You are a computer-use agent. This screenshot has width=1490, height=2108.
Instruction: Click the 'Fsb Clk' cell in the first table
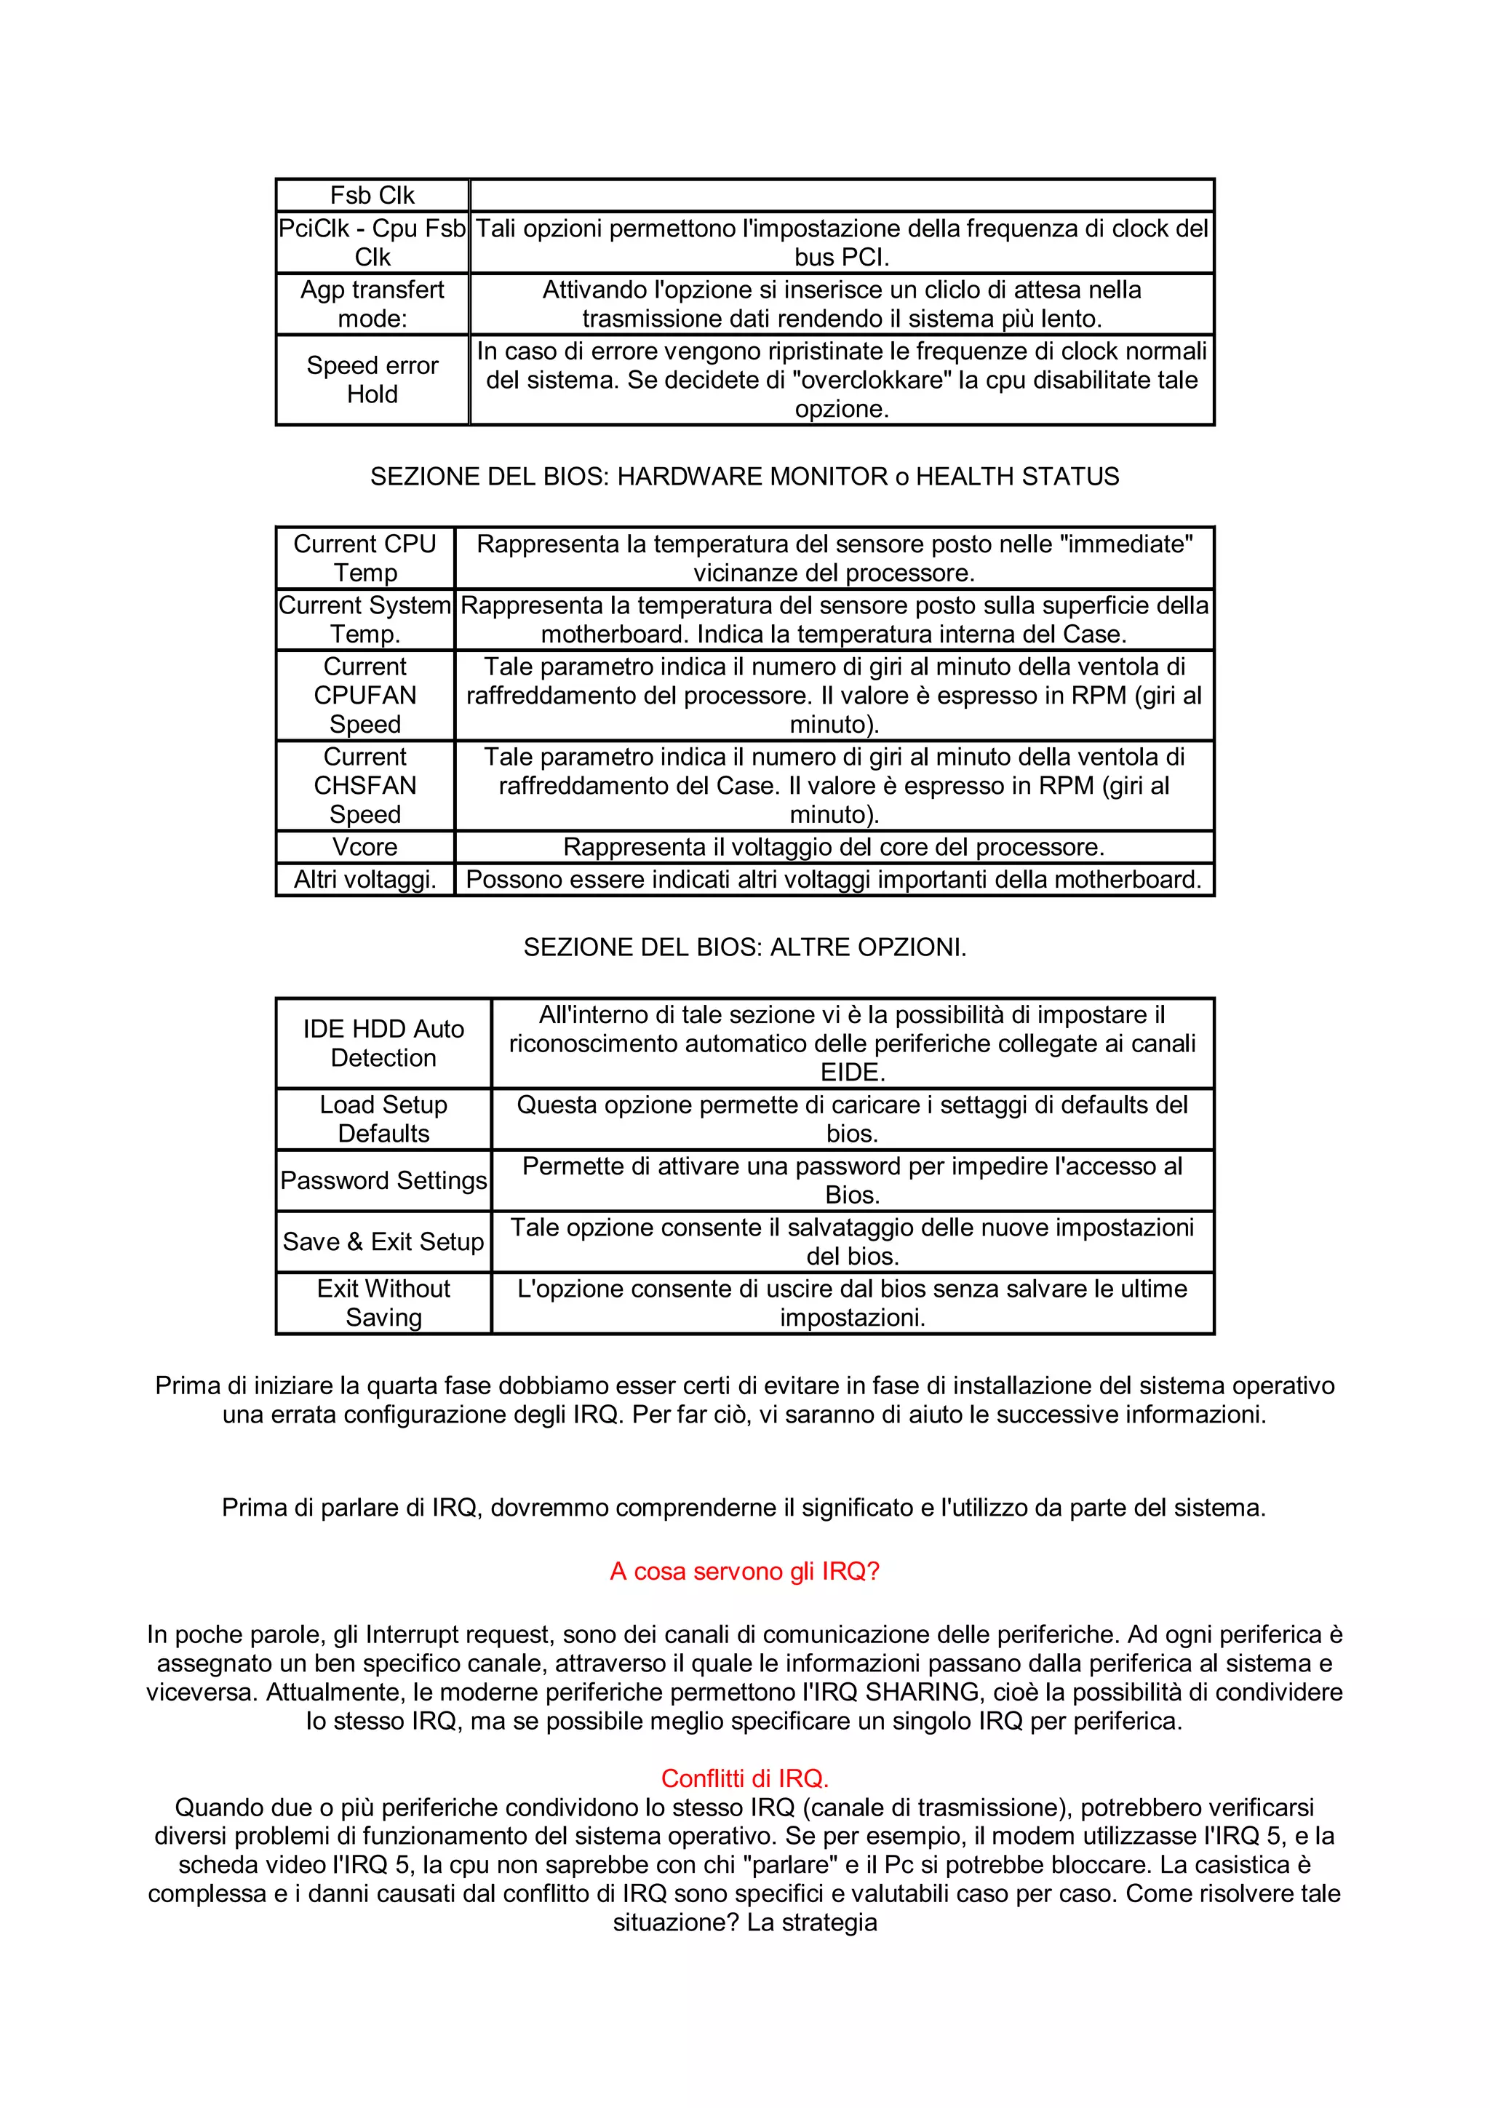click(372, 196)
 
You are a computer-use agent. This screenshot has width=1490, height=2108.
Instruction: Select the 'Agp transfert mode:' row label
click(372, 304)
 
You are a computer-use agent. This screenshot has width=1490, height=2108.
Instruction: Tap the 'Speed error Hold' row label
click(372, 379)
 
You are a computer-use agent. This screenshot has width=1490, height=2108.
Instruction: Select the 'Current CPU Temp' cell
click(364, 558)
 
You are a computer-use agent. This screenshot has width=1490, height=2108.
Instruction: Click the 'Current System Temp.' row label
click(364, 620)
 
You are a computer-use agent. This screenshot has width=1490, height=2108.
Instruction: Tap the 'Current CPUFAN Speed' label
click(364, 695)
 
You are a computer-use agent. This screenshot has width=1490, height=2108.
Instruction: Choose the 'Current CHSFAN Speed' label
click(364, 785)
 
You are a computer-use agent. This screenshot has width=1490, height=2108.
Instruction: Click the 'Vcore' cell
click(364, 846)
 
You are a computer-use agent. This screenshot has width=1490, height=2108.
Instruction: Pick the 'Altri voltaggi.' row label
click(364, 880)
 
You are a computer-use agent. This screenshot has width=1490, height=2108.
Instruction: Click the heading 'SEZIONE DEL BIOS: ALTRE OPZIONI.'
click(744, 947)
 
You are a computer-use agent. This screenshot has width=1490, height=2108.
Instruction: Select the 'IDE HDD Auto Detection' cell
click(383, 1043)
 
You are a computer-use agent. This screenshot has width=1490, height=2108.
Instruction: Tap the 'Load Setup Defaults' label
click(383, 1118)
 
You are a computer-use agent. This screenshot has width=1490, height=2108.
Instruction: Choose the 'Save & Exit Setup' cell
click(383, 1241)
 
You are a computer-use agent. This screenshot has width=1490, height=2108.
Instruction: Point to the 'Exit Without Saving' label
click(383, 1302)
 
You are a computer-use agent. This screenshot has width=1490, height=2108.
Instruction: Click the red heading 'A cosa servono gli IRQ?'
click(744, 1571)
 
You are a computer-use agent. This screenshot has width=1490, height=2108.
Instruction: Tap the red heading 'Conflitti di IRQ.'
click(744, 1778)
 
